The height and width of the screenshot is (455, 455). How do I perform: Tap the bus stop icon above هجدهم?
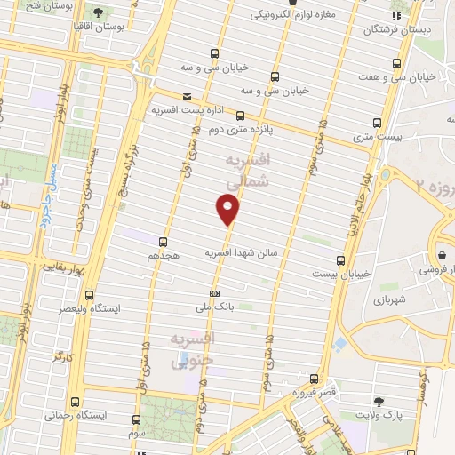point(164,241)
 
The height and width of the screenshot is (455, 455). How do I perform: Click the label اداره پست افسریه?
point(182,109)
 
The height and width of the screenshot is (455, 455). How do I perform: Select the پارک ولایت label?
point(385,415)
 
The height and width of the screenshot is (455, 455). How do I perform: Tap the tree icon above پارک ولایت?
point(380,402)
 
